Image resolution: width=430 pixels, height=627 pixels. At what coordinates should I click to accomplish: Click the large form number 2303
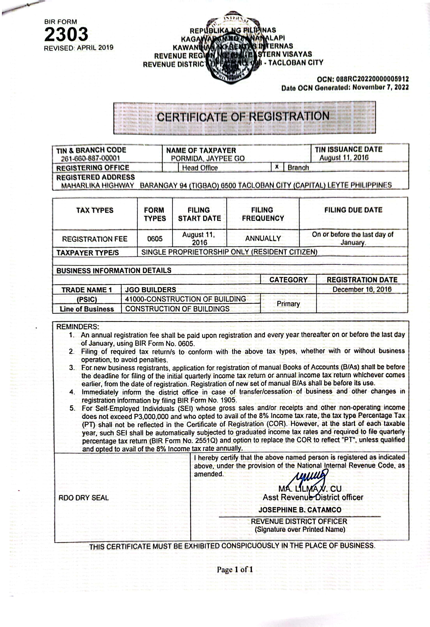coord(66,34)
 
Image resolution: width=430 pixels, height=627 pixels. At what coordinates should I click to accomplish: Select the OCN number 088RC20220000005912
coord(372,79)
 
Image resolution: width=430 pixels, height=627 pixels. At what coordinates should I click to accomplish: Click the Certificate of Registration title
coord(243,117)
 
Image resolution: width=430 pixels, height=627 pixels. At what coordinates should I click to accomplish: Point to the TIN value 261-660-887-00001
coord(90,158)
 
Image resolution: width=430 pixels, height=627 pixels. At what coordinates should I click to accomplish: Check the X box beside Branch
coord(277,167)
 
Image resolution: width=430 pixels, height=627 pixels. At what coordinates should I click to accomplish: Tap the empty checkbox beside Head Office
coord(170,167)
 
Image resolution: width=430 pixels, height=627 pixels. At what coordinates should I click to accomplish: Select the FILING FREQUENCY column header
coord(263,214)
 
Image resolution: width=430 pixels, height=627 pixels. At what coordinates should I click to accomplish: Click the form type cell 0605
coord(155,239)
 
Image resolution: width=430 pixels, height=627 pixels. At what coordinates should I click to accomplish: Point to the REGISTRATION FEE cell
coord(95,239)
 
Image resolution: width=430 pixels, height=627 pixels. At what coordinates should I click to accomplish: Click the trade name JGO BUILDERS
coord(150,290)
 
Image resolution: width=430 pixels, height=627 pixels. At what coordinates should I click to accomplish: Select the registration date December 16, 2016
coord(362,290)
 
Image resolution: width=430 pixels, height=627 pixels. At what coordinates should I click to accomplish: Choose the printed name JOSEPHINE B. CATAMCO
coord(300,510)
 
